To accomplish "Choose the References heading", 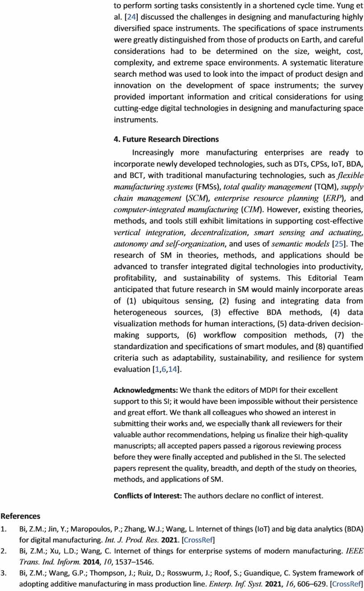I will point(21,516).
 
